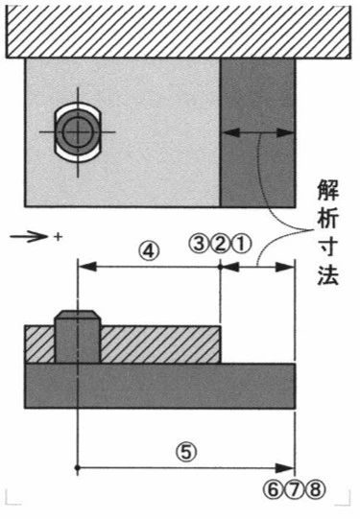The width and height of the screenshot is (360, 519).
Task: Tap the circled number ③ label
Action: click(199, 245)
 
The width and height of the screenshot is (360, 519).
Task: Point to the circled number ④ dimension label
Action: click(149, 252)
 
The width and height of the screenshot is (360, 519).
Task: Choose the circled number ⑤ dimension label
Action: click(186, 452)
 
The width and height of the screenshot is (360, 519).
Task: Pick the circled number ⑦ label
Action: click(295, 489)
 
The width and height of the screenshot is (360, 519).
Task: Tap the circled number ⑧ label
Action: click(316, 489)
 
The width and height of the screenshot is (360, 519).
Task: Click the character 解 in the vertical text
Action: click(328, 190)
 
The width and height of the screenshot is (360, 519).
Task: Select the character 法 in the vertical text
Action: click(328, 274)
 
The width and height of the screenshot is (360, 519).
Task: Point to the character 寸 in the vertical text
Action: click(328, 247)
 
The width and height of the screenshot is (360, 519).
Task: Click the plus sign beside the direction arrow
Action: click(58, 237)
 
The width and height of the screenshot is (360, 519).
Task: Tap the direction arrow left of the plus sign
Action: click(29, 237)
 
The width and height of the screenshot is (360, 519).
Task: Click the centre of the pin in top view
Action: click(78, 132)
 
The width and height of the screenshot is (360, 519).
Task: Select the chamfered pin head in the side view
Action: click(78, 315)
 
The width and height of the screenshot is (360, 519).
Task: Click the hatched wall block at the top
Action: click(179, 32)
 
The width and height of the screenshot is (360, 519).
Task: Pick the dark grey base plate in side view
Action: click(160, 386)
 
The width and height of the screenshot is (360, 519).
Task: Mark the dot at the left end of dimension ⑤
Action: click(78, 468)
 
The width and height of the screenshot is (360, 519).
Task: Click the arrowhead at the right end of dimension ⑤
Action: click(285, 468)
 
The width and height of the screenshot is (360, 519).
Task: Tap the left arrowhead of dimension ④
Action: click(87, 266)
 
